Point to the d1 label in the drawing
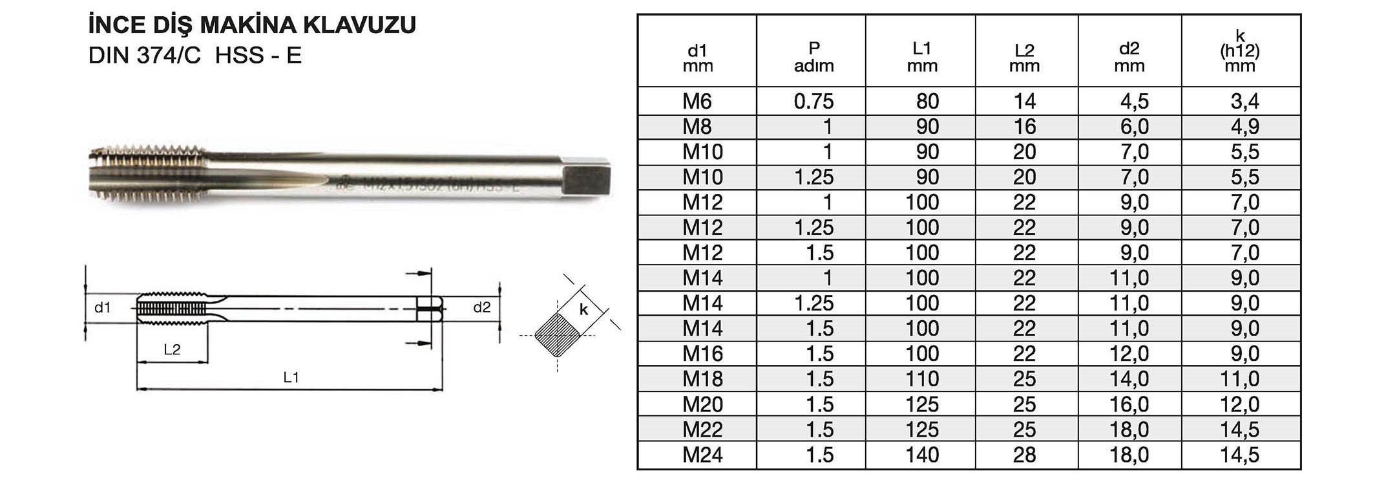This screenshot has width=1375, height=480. [103, 307]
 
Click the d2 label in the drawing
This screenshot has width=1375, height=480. [482, 307]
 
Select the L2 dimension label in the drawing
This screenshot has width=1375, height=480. [172, 350]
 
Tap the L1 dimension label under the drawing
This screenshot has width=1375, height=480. [291, 377]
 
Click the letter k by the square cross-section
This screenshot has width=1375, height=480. [583, 310]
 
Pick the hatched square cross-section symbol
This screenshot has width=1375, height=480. [557, 335]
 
